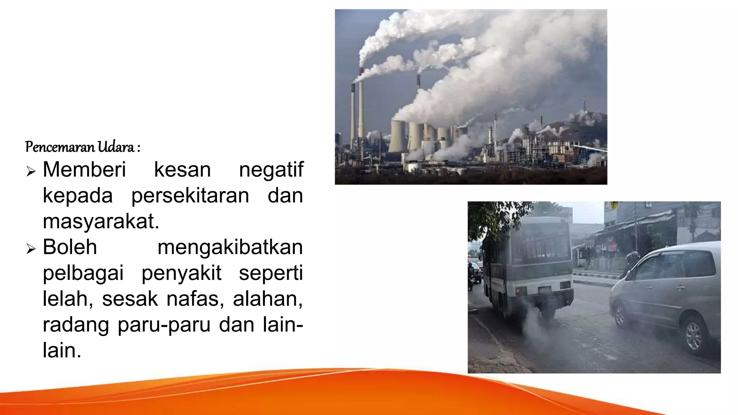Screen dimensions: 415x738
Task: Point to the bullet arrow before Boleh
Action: click(x=31, y=249)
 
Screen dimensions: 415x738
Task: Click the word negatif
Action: click(x=271, y=170)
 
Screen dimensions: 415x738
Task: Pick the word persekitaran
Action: click(x=190, y=196)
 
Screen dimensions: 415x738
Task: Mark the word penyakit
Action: click(x=181, y=273)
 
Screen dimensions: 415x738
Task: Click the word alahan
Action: click(x=267, y=299)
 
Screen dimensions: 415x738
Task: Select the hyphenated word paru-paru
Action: click(x=164, y=325)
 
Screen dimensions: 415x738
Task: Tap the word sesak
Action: click(x=130, y=299)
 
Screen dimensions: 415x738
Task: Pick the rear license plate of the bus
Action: click(x=545, y=289)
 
